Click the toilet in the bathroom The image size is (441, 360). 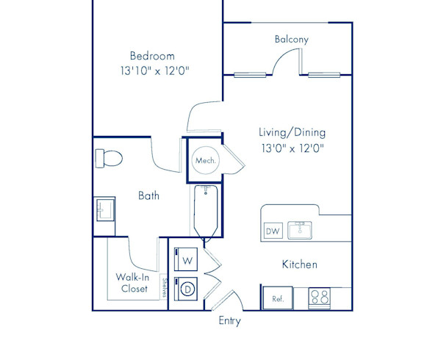pos(109,159)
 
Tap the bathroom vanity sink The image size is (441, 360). pos(105,210)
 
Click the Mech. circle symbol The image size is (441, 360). pos(206,160)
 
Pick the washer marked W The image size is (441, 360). pos(186,259)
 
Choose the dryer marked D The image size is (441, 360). pos(186,289)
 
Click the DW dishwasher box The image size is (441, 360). pos(273,231)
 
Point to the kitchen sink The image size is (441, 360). pos(300,230)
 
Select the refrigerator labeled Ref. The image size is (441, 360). pos(277,298)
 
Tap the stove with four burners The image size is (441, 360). pos(319,298)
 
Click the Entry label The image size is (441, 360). pos(230,321)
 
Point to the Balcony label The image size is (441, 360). pos(292,39)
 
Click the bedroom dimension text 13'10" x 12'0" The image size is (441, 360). pos(155,71)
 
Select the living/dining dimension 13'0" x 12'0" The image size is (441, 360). pos(293,148)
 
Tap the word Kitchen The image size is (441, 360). pos(300,264)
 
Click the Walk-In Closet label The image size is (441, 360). pos(133,283)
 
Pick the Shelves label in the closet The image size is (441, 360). pos(164,287)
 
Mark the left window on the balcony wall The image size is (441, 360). pos(250,75)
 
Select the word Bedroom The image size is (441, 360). pos(152,56)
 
